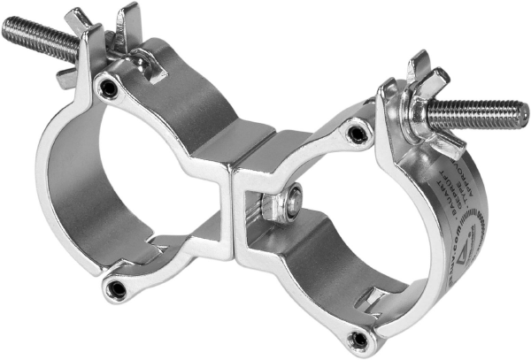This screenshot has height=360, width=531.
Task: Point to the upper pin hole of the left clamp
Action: coord(108,88)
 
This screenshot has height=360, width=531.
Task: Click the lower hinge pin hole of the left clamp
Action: coord(116,288)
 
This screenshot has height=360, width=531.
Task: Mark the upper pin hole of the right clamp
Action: coord(357,134)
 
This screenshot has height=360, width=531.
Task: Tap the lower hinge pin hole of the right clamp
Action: coord(358,338)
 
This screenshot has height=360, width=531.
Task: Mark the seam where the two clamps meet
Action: coord(234,203)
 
